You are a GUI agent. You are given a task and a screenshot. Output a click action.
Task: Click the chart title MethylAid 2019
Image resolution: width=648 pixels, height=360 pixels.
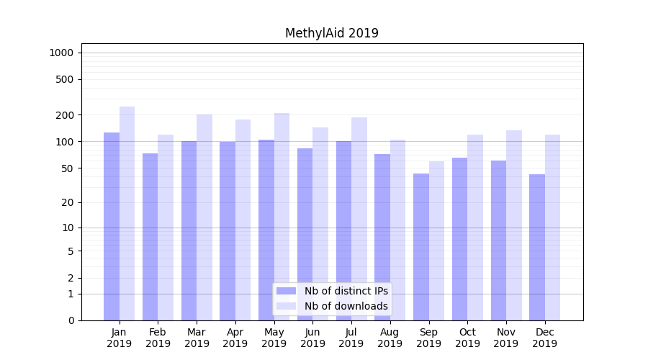pos(331,33)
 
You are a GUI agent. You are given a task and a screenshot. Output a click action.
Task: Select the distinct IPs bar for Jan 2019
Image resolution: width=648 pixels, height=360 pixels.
pos(112,226)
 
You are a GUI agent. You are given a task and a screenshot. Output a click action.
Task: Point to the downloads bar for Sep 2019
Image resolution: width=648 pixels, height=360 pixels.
pos(436,240)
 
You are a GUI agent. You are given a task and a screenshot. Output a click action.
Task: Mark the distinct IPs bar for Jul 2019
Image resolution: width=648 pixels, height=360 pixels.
pos(343,230)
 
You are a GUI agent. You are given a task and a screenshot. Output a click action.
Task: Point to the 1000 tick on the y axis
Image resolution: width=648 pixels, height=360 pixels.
pos(61,53)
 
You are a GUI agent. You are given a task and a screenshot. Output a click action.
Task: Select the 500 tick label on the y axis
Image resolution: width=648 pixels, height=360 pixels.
pos(64,79)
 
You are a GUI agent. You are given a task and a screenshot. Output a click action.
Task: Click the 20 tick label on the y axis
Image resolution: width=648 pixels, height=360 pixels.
pos(67,202)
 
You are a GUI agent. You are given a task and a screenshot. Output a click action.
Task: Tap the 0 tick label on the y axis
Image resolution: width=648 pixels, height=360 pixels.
pos(70,320)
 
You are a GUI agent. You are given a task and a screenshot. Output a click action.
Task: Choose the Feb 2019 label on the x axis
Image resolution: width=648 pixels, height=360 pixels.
pos(158,338)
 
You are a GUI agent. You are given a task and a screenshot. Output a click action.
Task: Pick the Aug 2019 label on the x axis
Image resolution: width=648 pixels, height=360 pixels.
pos(390,338)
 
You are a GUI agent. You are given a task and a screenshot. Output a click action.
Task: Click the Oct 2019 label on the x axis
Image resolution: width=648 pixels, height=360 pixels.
pos(467,338)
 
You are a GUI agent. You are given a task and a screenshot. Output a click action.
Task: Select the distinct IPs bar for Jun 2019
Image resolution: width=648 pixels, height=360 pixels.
pos(305,234)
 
